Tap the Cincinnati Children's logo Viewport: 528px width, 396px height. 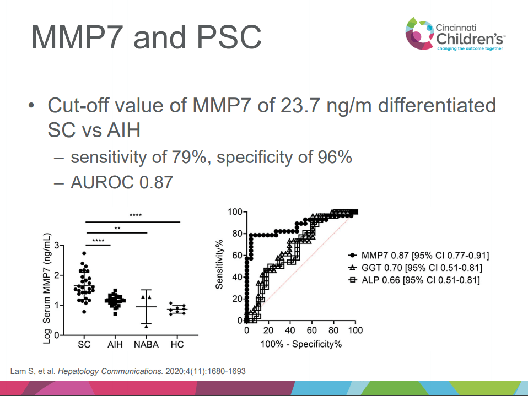pos(454,34)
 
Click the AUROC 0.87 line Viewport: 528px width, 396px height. pos(122,182)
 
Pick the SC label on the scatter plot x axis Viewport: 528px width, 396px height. pos(84,344)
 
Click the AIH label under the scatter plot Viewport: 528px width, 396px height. pos(116,344)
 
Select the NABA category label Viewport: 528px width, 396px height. pos(146,344)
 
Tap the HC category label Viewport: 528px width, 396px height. pos(177,344)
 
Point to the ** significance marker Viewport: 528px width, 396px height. pos(117,228)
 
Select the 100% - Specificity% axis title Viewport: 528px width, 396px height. pos(301,344)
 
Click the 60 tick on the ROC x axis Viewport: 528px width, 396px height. pos(312,330)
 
